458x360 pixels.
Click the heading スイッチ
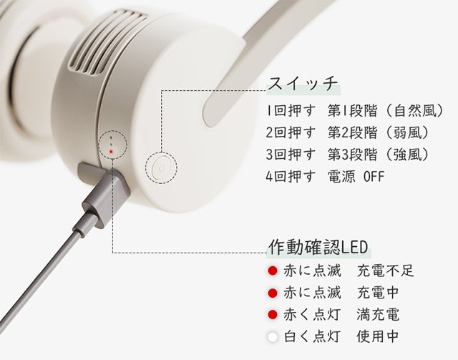[x=303, y=84]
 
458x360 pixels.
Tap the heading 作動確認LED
[x=318, y=247]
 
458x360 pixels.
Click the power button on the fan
[x=161, y=168]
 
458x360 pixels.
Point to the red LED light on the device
[x=111, y=152]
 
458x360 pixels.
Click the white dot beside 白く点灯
[x=272, y=337]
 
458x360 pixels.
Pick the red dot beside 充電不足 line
[x=272, y=271]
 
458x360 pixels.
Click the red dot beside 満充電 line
[x=272, y=315]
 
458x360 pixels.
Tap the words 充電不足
[x=386, y=271]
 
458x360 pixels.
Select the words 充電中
[x=378, y=293]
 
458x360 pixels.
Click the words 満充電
[x=378, y=315]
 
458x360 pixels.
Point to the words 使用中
[x=378, y=336]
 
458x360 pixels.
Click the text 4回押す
[x=291, y=176]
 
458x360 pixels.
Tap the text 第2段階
[x=352, y=132]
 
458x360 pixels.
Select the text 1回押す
[x=291, y=111]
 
